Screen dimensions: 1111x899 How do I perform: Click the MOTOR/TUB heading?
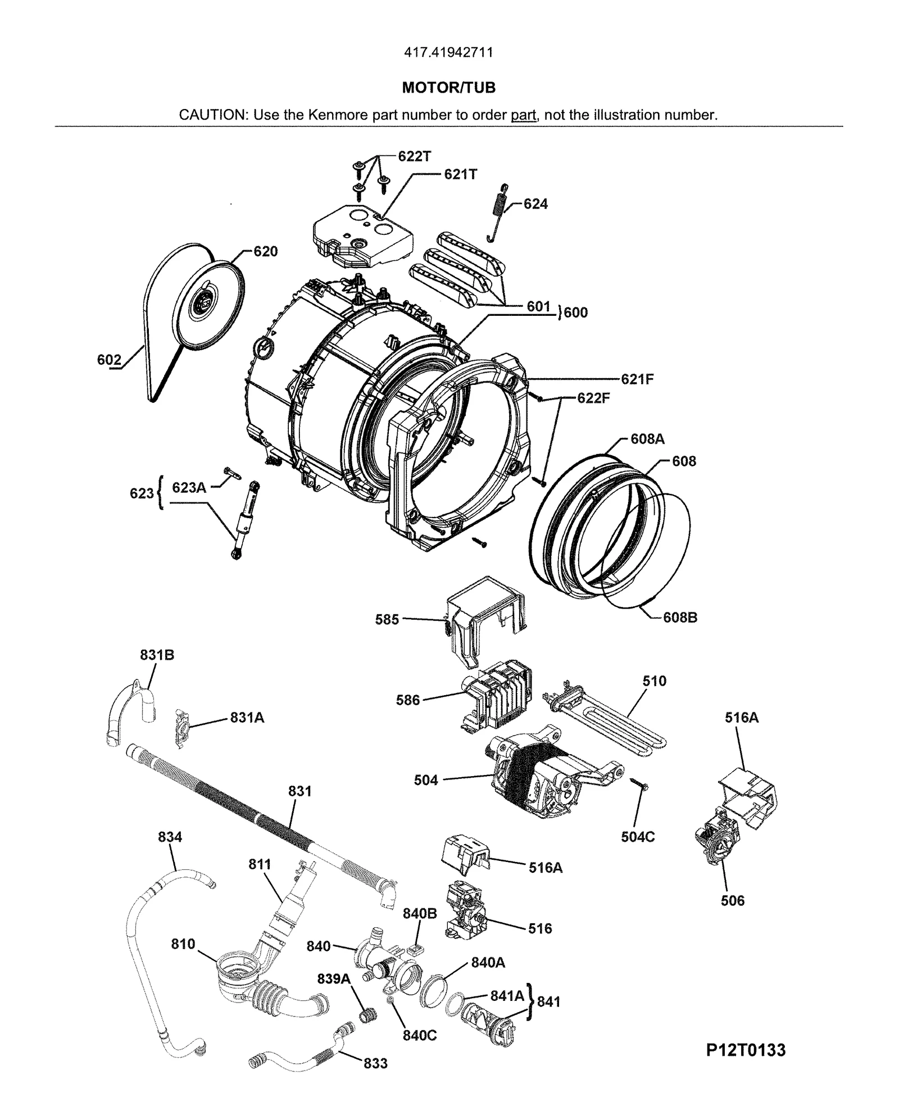[448, 88]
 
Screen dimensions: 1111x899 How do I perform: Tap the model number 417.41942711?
[448, 53]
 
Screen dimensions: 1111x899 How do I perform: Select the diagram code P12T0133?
[746, 1050]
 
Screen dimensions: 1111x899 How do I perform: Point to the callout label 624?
[535, 204]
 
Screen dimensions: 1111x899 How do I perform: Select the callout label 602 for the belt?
[109, 360]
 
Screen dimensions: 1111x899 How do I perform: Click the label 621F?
[637, 379]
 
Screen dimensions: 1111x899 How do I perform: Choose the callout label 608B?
[680, 617]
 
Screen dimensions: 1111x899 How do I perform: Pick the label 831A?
[247, 718]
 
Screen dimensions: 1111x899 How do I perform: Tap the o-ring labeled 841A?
[455, 1001]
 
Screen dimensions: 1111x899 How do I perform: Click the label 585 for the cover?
[387, 619]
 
